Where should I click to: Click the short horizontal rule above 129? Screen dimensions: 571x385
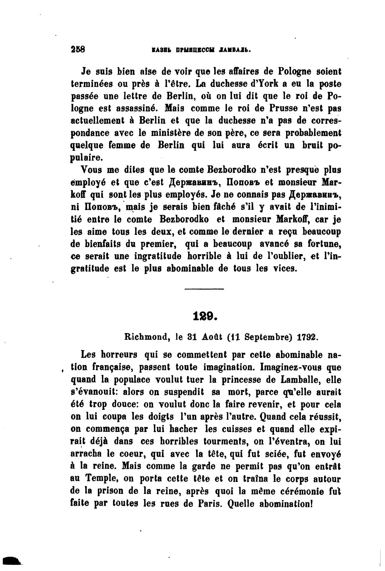pos(204,289)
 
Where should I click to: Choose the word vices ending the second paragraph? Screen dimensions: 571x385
pos(286,269)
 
